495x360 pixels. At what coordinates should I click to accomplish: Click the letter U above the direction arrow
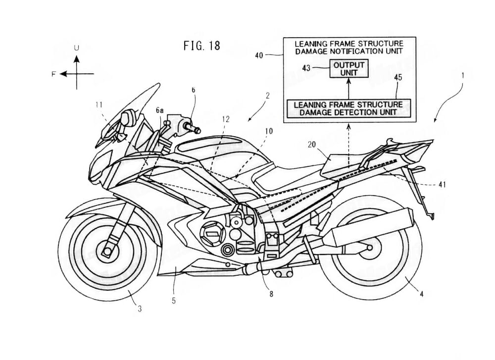76,48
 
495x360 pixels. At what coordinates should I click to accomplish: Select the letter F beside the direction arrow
53,74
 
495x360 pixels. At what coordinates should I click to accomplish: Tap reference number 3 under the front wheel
140,309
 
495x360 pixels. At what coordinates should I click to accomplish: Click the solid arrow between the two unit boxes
349,88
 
